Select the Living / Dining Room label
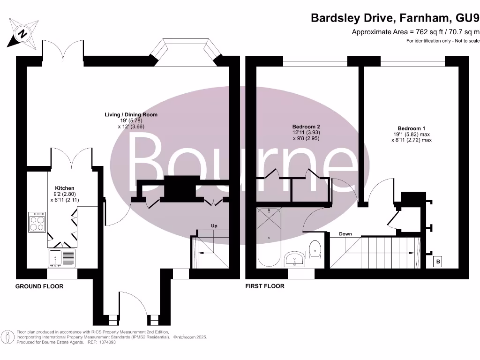coord(131,120)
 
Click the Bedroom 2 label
coord(306,133)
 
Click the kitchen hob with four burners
coord(37,222)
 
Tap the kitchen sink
coord(60,257)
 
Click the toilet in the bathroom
coord(315,249)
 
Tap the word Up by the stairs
coord(214,226)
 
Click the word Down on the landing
coord(345,234)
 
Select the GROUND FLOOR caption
coord(39,286)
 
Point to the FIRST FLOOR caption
coord(265,286)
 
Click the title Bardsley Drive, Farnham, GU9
coord(396,18)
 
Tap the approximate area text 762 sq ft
coord(415,32)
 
